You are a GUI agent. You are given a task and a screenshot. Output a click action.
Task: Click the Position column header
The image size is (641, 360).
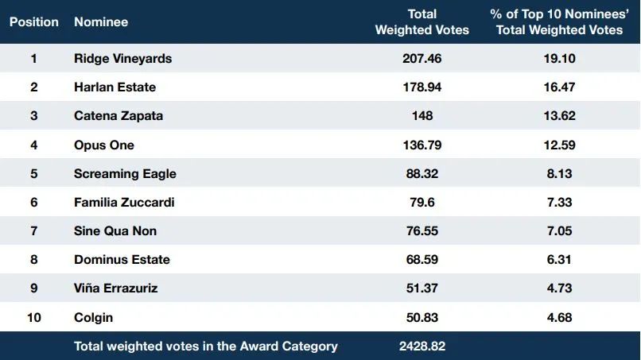(x=34, y=22)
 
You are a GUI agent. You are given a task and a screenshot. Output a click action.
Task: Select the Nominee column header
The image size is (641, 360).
(x=101, y=22)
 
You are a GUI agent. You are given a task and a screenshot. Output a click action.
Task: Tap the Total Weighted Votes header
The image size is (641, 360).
(x=422, y=22)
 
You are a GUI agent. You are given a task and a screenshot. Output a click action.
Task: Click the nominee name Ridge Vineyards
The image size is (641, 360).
(x=122, y=59)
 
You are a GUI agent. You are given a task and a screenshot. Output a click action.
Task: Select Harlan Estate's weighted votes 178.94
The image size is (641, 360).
(x=422, y=87)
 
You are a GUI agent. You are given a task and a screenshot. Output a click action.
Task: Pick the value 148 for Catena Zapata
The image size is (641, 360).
(x=422, y=116)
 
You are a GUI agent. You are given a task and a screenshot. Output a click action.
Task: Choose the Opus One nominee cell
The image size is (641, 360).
(x=104, y=145)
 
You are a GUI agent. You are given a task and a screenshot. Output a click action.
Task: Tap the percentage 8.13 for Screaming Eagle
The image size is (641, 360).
(x=559, y=174)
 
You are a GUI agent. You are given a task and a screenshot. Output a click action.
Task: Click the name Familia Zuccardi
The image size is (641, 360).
(x=124, y=203)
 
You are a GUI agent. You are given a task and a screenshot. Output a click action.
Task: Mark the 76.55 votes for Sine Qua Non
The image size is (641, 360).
(x=422, y=231)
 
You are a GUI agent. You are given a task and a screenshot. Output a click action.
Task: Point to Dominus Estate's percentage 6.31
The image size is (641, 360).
(x=559, y=260)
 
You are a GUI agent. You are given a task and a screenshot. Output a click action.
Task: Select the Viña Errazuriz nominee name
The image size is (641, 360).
(x=115, y=288)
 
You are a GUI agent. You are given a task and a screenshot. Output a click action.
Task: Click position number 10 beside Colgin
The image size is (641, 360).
(x=34, y=318)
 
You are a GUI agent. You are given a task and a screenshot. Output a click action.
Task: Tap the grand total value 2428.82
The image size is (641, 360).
(x=422, y=346)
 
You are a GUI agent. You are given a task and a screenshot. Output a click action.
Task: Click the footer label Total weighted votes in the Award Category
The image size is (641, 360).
(x=206, y=346)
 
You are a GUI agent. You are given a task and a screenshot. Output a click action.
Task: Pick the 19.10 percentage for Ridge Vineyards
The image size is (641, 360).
(x=559, y=59)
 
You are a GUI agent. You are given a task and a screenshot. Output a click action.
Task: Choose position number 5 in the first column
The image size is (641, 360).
(x=34, y=174)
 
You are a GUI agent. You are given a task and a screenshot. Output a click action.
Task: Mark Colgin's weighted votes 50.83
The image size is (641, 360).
(x=422, y=318)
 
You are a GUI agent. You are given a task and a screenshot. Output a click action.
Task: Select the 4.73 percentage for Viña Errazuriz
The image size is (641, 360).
(x=559, y=288)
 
